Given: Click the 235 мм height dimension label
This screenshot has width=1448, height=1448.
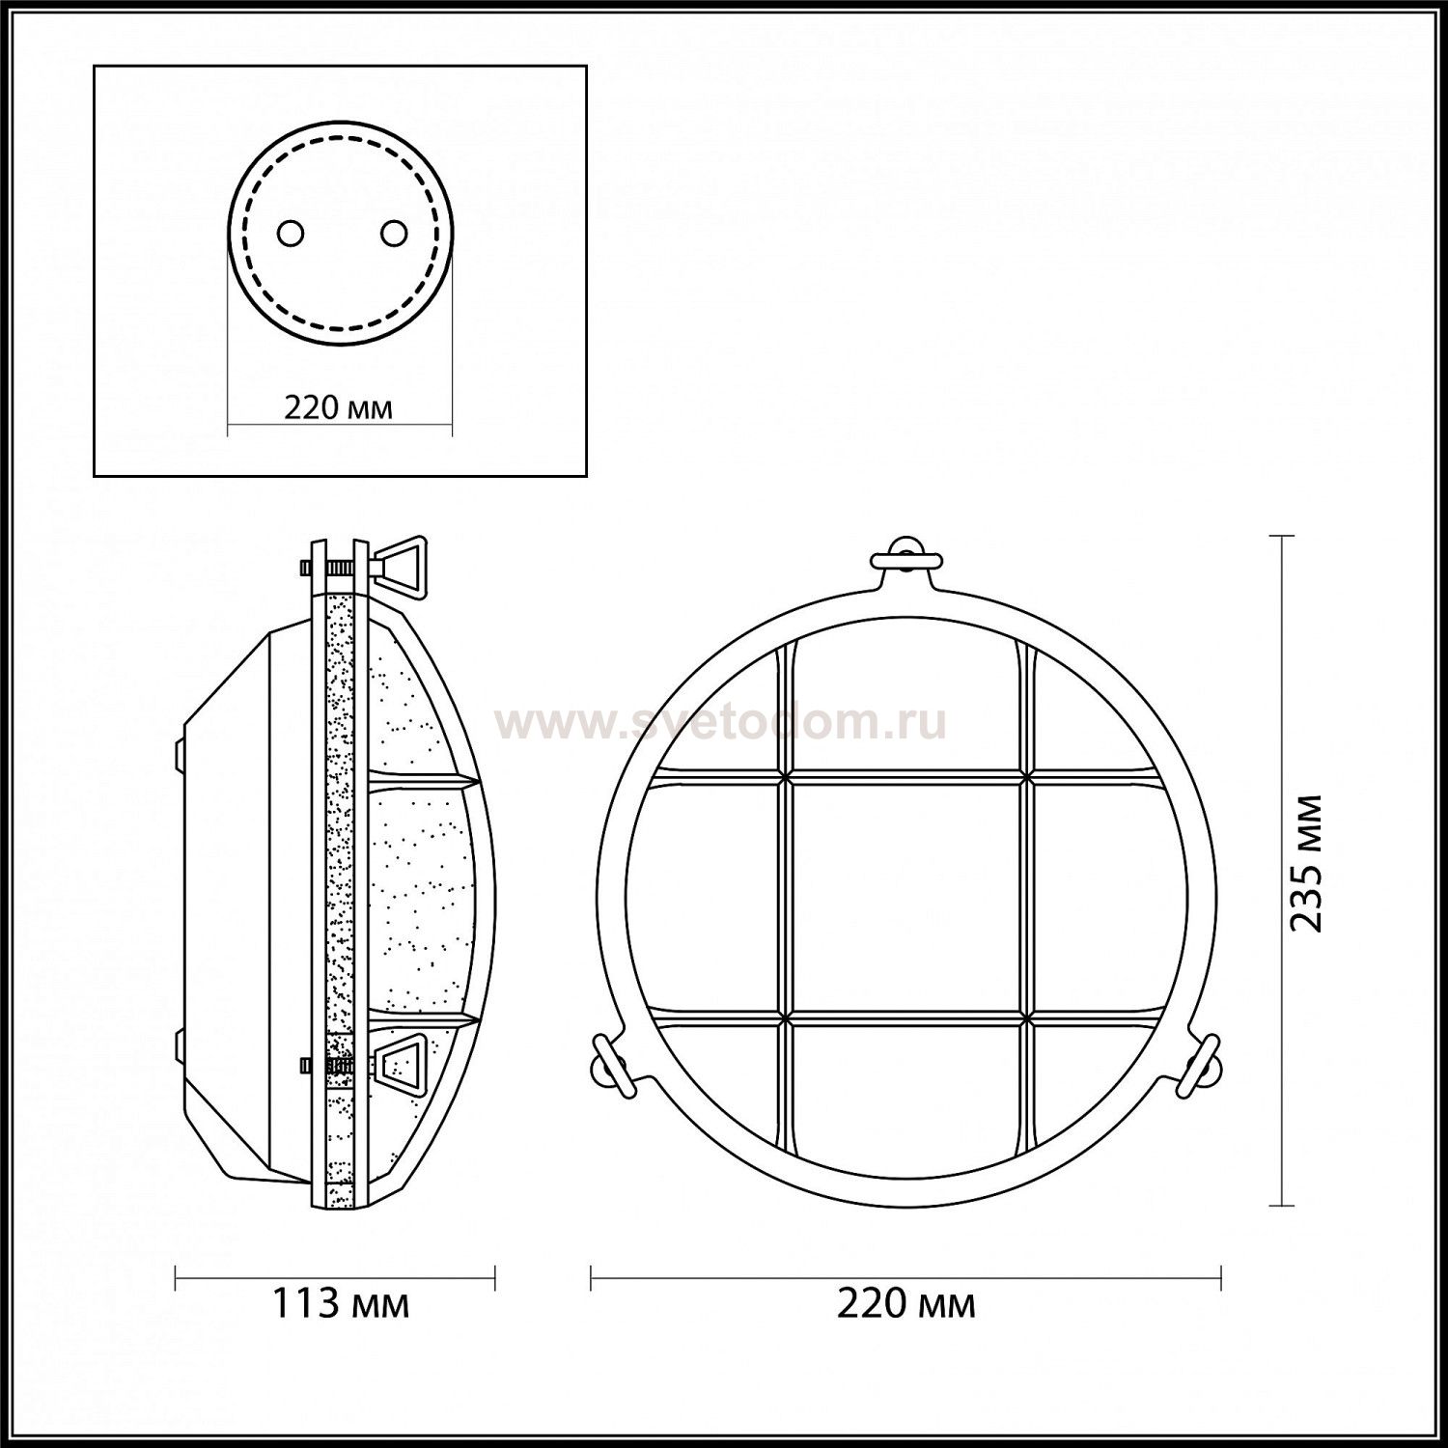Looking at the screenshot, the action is click(1307, 862).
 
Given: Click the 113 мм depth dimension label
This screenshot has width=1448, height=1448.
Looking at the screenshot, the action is click(340, 1303).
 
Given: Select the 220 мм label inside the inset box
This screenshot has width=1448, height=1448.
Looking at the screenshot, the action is click(338, 407).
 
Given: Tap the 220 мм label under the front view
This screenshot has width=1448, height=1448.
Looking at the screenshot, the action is click(905, 1303).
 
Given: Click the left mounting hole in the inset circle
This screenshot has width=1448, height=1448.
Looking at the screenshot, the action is click(291, 233).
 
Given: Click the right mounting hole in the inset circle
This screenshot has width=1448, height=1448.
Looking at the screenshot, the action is click(394, 233).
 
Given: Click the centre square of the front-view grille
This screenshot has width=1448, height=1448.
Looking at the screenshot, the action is click(905, 897).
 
